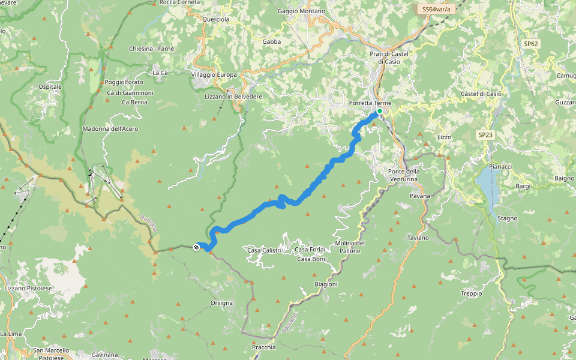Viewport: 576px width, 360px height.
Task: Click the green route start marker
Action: [380, 111]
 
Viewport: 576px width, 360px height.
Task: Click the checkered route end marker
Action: [196, 247]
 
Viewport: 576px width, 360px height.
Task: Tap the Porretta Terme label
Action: [370, 103]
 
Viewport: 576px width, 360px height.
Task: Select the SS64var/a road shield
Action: [436, 9]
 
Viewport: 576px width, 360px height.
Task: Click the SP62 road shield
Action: [530, 44]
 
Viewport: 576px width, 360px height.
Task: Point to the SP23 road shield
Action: [485, 135]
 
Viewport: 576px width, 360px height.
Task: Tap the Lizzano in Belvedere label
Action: [233, 97]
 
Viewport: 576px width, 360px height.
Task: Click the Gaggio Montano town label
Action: [302, 11]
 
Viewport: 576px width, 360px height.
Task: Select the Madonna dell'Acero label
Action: [110, 129]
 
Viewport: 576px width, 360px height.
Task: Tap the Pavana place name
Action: [420, 196]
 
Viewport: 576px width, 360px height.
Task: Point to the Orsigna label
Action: [221, 303]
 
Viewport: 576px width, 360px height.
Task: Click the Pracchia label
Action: [264, 347]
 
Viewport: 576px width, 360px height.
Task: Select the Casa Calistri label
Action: [264, 250]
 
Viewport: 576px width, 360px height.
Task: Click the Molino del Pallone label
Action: [350, 247]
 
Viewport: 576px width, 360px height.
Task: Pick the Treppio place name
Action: [471, 293]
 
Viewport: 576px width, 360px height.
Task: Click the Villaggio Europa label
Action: [214, 74]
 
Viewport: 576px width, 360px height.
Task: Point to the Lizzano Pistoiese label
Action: [28, 289]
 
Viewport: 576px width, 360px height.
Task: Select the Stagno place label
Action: [508, 218]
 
